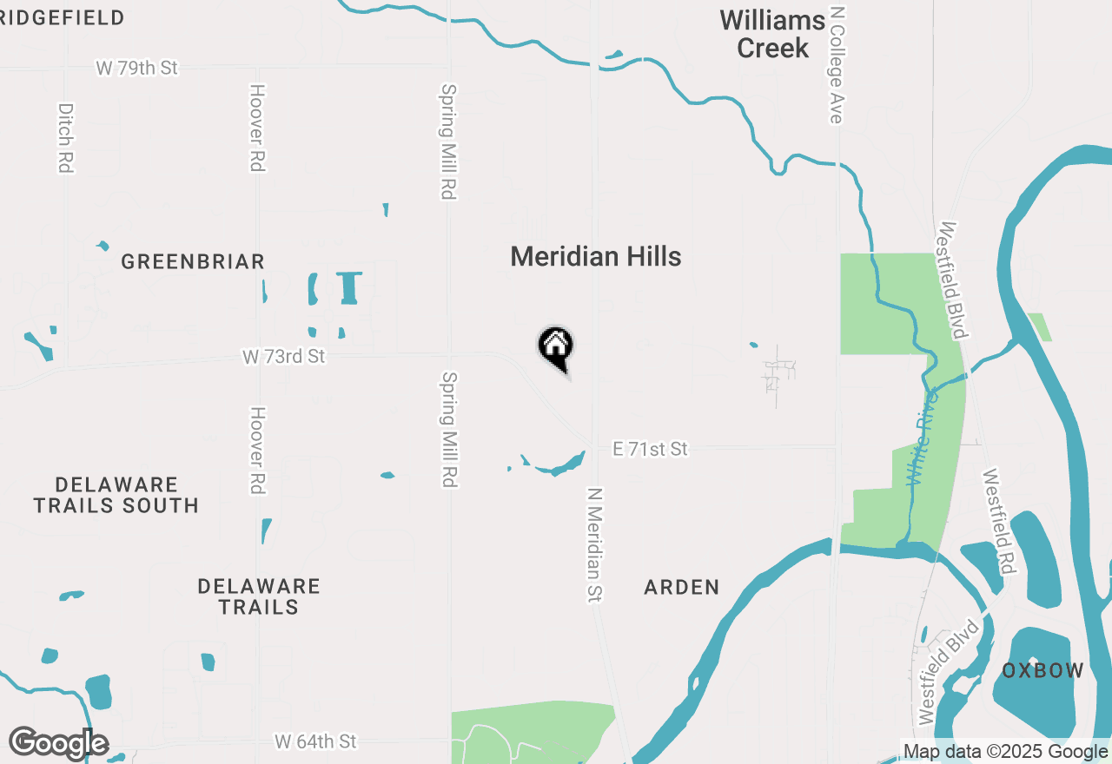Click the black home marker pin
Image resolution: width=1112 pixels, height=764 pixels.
tap(556, 347)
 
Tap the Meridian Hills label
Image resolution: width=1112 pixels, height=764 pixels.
tap(596, 257)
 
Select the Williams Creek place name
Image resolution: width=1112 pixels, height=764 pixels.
tap(772, 35)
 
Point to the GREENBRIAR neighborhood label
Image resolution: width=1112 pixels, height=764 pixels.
tap(192, 262)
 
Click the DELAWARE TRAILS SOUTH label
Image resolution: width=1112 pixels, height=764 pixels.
tap(116, 495)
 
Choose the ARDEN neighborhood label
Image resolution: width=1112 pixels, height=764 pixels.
tap(682, 588)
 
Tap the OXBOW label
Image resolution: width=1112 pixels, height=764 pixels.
tap(1042, 670)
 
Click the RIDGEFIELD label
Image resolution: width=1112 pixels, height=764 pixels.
tap(63, 17)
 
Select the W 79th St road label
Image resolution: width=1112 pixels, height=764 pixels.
tap(136, 68)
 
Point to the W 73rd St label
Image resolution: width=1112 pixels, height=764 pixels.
tap(283, 356)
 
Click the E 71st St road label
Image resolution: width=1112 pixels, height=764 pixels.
tap(650, 449)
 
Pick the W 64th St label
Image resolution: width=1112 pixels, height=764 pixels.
tap(315, 741)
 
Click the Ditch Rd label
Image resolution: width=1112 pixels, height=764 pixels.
tap(65, 138)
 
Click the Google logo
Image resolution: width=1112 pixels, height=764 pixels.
tap(58, 743)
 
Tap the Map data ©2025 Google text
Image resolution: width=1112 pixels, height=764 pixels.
tap(1005, 752)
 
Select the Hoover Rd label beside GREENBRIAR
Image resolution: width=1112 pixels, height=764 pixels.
tap(256, 128)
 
